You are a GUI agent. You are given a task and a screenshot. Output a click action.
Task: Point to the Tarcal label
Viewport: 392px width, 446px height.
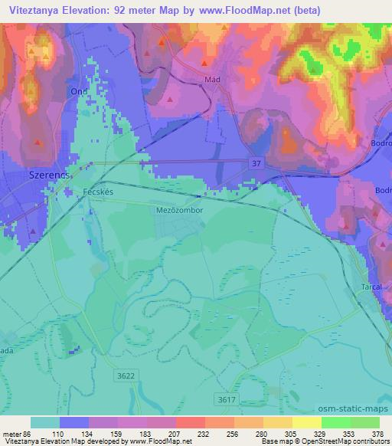pos(371,287)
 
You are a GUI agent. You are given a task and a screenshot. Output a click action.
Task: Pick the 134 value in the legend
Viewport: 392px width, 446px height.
pos(98,433)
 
